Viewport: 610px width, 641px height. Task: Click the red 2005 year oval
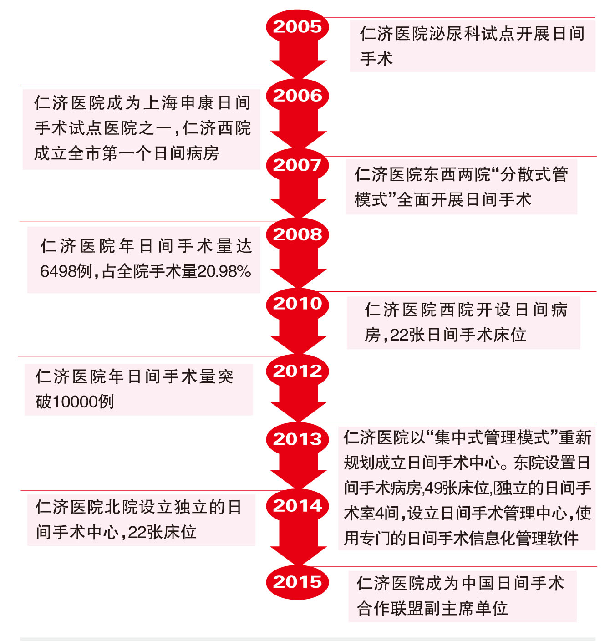click(297, 27)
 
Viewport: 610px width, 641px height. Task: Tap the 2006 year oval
click(297, 96)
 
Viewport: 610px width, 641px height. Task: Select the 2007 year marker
click(297, 165)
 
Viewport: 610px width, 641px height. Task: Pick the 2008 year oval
click(297, 234)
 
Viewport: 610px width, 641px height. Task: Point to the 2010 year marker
click(297, 304)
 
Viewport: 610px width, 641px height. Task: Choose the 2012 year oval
click(297, 371)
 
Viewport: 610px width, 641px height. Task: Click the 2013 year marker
click(297, 439)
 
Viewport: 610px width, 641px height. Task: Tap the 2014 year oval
click(297, 506)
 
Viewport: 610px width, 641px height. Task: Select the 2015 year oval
click(297, 582)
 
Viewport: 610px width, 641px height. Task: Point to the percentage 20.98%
click(224, 271)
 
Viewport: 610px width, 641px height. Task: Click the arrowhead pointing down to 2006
click(298, 70)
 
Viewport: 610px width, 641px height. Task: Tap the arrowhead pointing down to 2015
click(298, 556)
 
